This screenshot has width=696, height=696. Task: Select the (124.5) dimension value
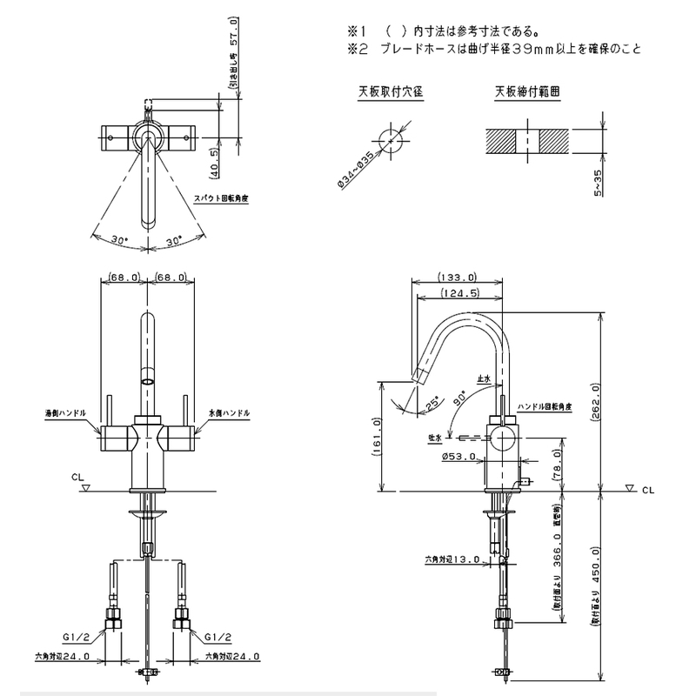tap(462, 293)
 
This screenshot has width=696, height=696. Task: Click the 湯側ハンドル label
tap(65, 412)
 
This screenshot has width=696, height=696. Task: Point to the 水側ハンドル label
tap(229, 412)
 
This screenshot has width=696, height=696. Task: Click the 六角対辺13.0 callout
tap(452, 560)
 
